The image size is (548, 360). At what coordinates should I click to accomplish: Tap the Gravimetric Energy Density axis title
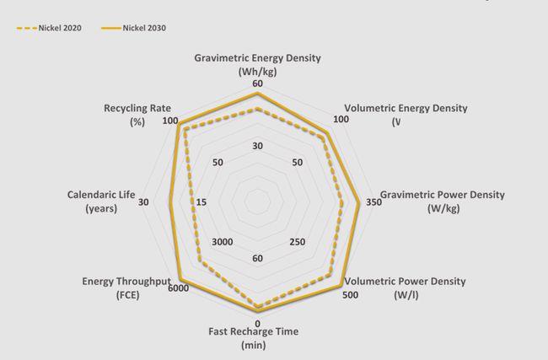point(257,65)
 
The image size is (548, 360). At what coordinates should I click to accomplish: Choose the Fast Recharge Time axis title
point(254,337)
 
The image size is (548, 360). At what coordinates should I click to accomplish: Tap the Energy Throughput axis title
point(126,287)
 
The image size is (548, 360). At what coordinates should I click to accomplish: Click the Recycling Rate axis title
point(137,115)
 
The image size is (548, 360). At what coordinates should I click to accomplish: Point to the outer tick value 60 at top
point(257,83)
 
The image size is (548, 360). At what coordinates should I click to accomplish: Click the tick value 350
point(373,202)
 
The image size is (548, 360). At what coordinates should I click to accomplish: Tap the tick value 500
point(349,294)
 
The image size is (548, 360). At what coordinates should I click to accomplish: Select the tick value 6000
point(178,290)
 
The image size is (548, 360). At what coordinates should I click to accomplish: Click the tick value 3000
point(223,242)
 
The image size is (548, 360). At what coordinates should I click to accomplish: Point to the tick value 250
point(297,242)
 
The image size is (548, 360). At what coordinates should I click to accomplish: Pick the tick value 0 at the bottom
point(257,323)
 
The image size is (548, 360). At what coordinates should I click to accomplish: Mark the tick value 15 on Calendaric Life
point(201,202)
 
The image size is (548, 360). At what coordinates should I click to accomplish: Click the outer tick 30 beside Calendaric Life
point(143,202)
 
